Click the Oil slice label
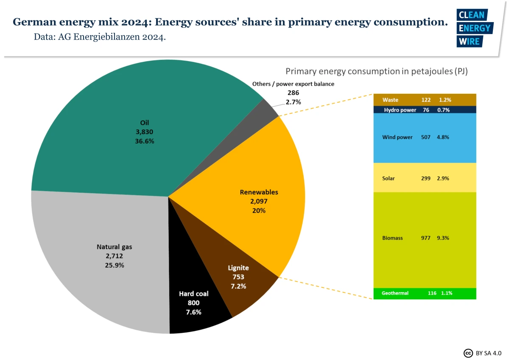(x=144, y=123)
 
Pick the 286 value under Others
(x=293, y=93)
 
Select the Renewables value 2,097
(x=259, y=201)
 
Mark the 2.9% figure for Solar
(x=443, y=178)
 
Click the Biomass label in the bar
(x=392, y=238)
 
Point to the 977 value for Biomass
(x=425, y=238)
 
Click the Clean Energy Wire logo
(x=474, y=28)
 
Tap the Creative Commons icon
(x=468, y=352)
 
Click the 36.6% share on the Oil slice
(x=144, y=141)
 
